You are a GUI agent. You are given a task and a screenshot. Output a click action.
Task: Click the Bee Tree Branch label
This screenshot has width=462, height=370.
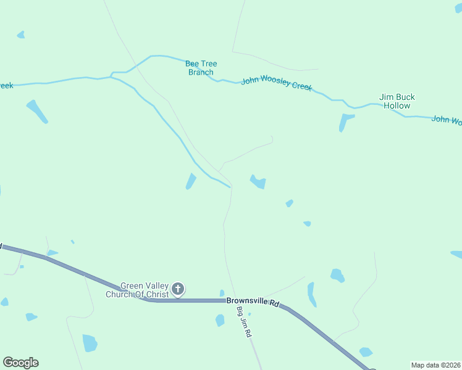(x=201, y=68)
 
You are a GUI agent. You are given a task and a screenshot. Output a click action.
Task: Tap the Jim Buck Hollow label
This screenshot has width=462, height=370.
(x=397, y=101)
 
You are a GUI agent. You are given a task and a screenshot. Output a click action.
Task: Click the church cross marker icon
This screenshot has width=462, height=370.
(x=178, y=288)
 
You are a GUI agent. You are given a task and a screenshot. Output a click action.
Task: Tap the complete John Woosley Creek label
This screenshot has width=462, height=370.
(x=277, y=83)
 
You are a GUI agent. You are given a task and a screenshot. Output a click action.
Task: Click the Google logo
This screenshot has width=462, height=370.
(x=20, y=363)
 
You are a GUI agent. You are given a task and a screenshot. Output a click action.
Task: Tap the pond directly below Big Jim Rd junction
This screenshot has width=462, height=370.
(x=220, y=320)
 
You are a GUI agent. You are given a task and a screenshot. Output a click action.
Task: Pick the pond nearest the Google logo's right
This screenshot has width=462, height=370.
(x=90, y=342)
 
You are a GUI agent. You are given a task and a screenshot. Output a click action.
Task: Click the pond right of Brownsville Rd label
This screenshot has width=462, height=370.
(x=312, y=294)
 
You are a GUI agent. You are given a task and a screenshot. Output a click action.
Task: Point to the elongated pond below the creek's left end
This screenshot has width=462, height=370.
(x=37, y=111)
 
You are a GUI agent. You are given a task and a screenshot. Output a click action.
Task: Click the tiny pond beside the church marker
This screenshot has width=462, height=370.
(x=222, y=293)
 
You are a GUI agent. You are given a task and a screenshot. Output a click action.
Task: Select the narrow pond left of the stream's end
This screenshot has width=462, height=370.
(x=191, y=181)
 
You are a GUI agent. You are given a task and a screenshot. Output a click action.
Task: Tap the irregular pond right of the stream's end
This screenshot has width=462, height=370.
(x=258, y=182)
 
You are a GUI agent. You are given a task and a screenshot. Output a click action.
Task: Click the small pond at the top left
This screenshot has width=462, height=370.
(x=21, y=35)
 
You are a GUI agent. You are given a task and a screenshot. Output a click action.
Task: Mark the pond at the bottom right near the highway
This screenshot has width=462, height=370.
(x=366, y=351)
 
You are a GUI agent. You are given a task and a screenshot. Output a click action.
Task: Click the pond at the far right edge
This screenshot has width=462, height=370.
(x=457, y=254)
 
